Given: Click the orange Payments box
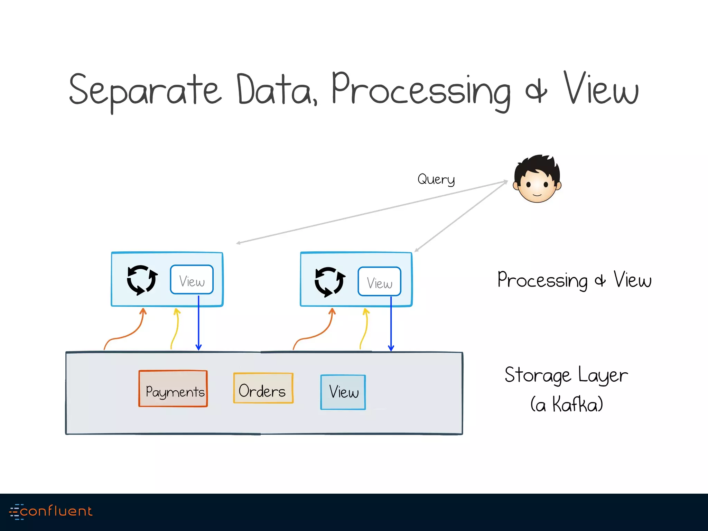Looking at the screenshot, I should [173, 389].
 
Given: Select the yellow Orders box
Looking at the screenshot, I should [263, 388].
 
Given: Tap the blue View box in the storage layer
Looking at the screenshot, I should [343, 392].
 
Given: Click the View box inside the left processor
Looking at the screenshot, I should [192, 280].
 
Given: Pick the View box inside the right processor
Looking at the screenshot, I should [379, 282].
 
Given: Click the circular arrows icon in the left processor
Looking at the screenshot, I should [142, 280].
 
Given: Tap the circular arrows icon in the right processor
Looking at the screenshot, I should [329, 282].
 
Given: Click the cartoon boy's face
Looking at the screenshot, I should [537, 180].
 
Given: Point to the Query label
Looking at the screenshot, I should [436, 179].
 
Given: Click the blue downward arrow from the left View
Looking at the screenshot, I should [198, 325].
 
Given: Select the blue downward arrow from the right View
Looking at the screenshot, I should [391, 325].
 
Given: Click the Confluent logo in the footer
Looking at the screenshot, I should [51, 511].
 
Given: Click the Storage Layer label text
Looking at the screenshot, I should [566, 375].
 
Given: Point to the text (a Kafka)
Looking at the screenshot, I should [567, 404].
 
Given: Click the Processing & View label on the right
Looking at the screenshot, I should [574, 280].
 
